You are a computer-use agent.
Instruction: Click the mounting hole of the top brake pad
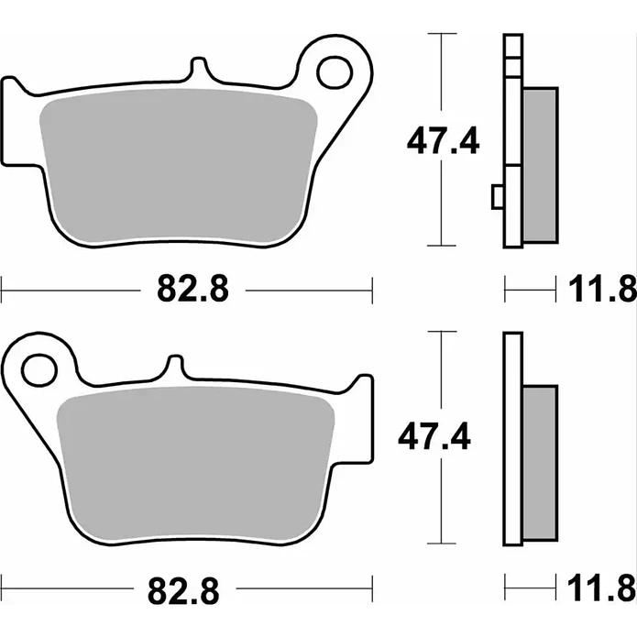click(335, 73)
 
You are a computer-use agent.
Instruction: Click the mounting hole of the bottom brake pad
click(39, 370)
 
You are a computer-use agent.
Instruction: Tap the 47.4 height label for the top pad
click(444, 141)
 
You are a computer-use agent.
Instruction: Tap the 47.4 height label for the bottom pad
click(434, 436)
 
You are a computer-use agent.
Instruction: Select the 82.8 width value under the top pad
click(193, 289)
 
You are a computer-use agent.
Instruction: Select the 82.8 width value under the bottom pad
click(183, 589)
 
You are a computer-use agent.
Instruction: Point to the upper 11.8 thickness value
click(602, 289)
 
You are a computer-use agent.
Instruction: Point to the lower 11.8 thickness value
click(602, 588)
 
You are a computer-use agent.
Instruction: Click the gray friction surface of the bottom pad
click(196, 464)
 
